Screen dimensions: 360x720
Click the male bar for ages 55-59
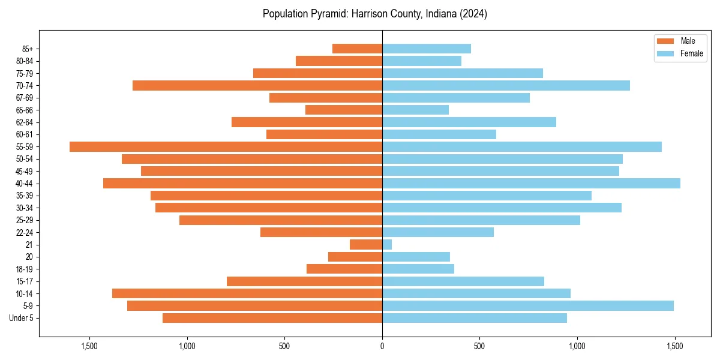(x=226, y=146)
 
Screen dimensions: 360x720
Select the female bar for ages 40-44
(x=531, y=183)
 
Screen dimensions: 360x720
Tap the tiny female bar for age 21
(x=387, y=244)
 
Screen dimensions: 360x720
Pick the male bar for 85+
(x=357, y=49)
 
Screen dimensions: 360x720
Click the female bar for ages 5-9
(x=528, y=305)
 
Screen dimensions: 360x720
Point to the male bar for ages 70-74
(x=257, y=85)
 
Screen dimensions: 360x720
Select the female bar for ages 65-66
(x=415, y=110)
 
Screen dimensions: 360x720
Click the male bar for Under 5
(x=272, y=318)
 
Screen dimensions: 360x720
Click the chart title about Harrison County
(x=375, y=14)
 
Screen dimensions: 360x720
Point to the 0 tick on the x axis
(x=382, y=346)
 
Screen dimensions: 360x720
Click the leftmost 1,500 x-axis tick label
(x=89, y=346)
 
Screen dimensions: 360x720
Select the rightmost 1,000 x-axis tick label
(x=577, y=346)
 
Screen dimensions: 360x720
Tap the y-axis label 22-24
(x=25, y=232)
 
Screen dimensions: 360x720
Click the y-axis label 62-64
(x=25, y=122)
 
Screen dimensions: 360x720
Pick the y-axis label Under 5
(x=22, y=318)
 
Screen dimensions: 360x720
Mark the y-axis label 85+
(x=28, y=49)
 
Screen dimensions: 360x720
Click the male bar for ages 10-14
(x=247, y=293)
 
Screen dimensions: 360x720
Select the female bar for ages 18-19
(x=418, y=269)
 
